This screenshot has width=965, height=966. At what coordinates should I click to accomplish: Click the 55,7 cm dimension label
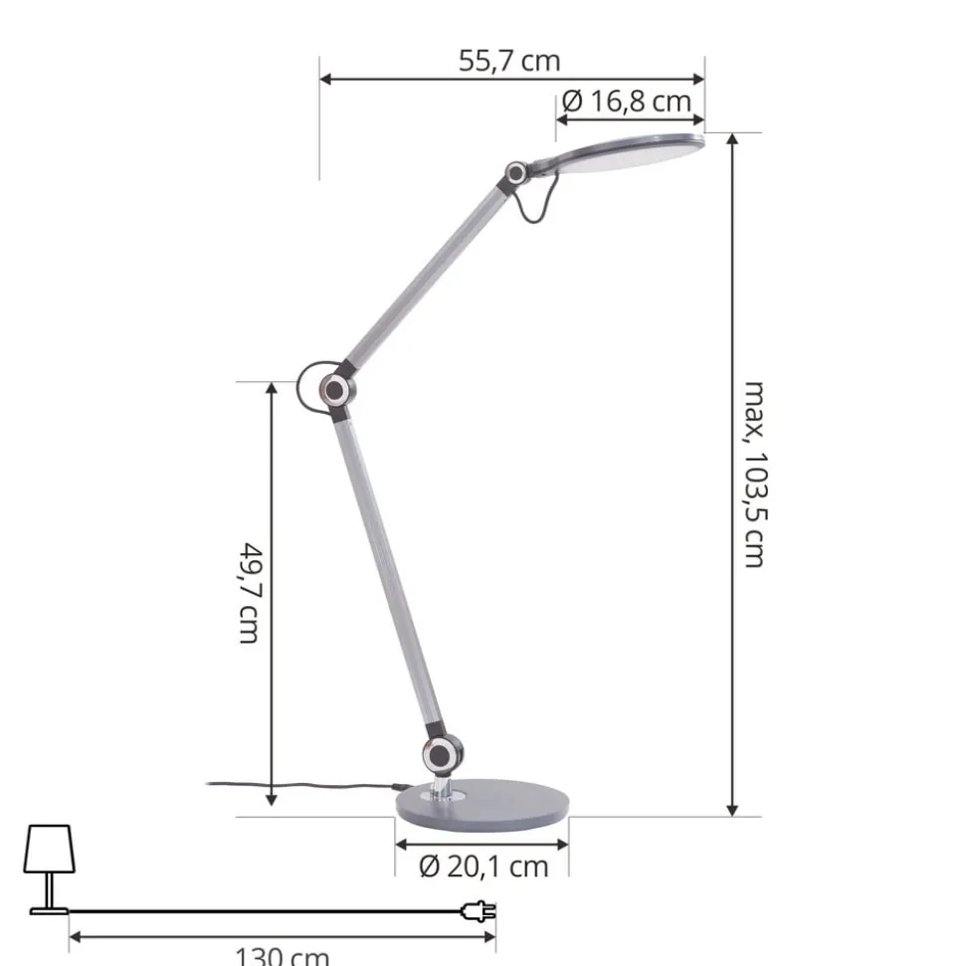click(x=509, y=61)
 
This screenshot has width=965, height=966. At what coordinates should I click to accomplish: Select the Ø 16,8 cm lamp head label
click(x=626, y=101)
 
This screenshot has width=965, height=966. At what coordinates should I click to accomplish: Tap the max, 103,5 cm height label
click(x=754, y=474)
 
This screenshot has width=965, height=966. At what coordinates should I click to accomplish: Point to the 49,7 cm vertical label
click(x=252, y=593)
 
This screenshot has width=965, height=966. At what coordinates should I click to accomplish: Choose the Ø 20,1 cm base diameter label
click(x=483, y=867)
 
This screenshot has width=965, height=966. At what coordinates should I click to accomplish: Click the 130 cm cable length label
click(x=283, y=956)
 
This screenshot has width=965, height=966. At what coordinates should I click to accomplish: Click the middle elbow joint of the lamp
click(x=334, y=389)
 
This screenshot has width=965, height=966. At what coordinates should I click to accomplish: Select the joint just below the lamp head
click(x=515, y=172)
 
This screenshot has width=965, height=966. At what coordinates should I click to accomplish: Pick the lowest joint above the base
click(x=441, y=754)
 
